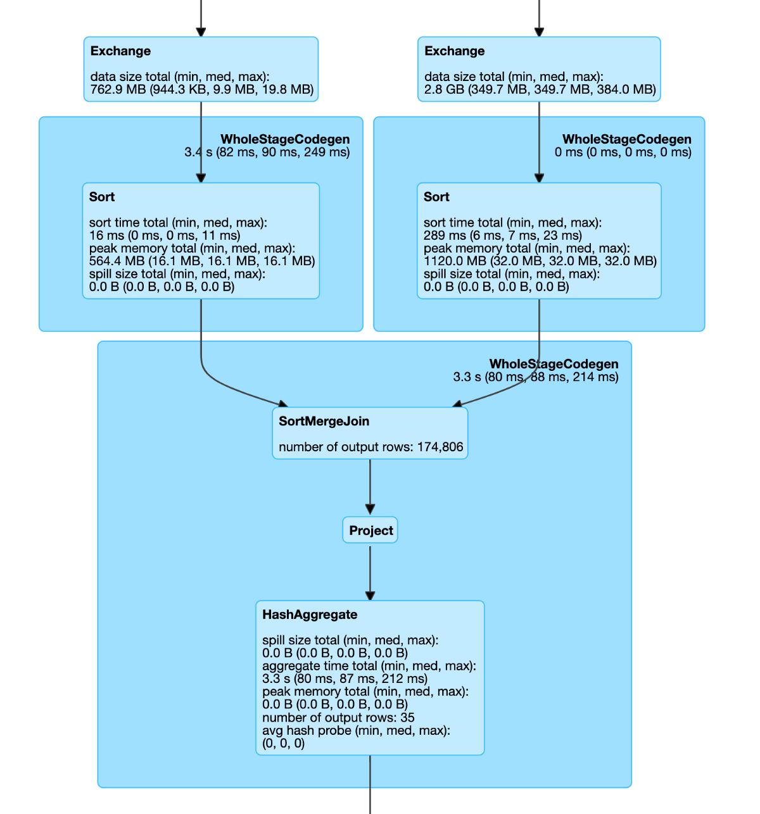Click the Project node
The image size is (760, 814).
[x=370, y=530]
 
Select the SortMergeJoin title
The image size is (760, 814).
[x=324, y=421]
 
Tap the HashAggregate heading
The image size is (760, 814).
[x=310, y=615]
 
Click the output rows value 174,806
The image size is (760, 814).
[x=440, y=447]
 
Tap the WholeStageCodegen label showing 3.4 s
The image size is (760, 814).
[x=285, y=139]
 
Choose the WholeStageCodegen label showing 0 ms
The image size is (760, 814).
[x=626, y=139]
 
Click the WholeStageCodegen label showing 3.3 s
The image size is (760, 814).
[x=554, y=364]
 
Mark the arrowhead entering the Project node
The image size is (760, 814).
[x=370, y=510]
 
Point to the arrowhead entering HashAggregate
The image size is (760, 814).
[x=370, y=596]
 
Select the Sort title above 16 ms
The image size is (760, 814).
[x=102, y=197]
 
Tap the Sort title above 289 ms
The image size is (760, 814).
[x=436, y=197]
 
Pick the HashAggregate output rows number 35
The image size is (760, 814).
[x=407, y=717]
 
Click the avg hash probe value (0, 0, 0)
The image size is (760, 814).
[x=283, y=743]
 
